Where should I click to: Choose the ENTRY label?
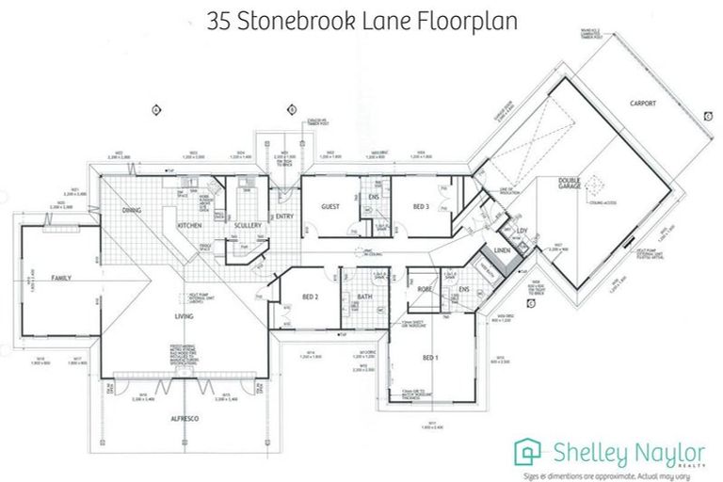click(285, 216)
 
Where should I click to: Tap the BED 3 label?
click(421, 205)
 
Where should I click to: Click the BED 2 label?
click(310, 297)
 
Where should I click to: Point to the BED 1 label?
click(429, 358)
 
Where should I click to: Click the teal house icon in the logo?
click(530, 450)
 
